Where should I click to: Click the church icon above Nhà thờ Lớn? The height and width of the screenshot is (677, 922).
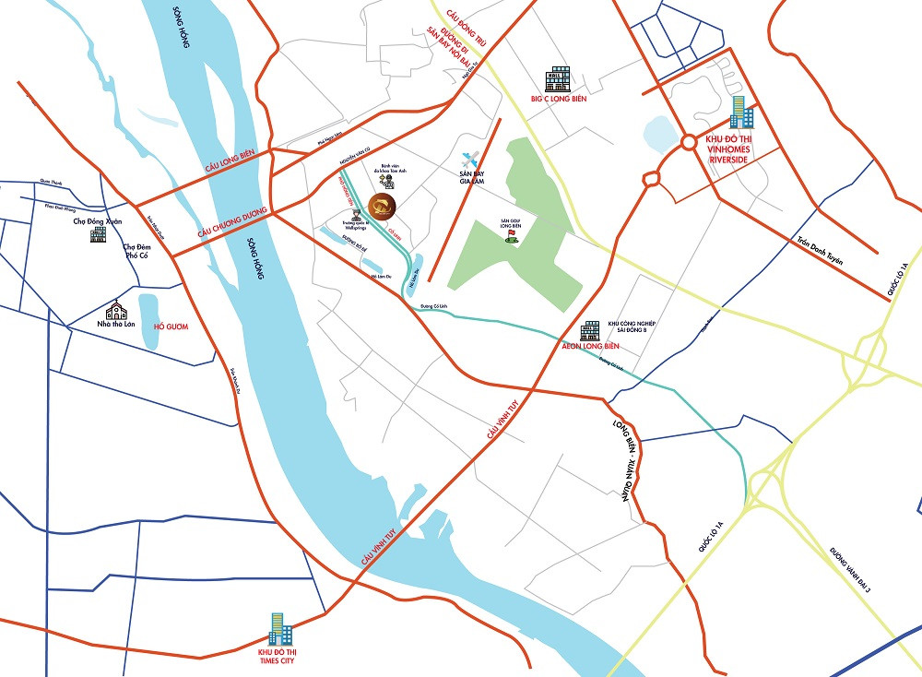116,311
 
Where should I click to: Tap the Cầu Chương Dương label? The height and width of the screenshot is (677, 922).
231,223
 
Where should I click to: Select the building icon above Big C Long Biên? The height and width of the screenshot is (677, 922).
559,78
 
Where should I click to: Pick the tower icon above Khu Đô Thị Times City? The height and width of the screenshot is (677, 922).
279,629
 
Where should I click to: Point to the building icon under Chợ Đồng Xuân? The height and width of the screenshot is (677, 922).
97,234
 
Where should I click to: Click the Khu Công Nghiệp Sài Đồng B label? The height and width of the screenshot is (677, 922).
631,329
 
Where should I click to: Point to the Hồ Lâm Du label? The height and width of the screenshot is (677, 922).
381,276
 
